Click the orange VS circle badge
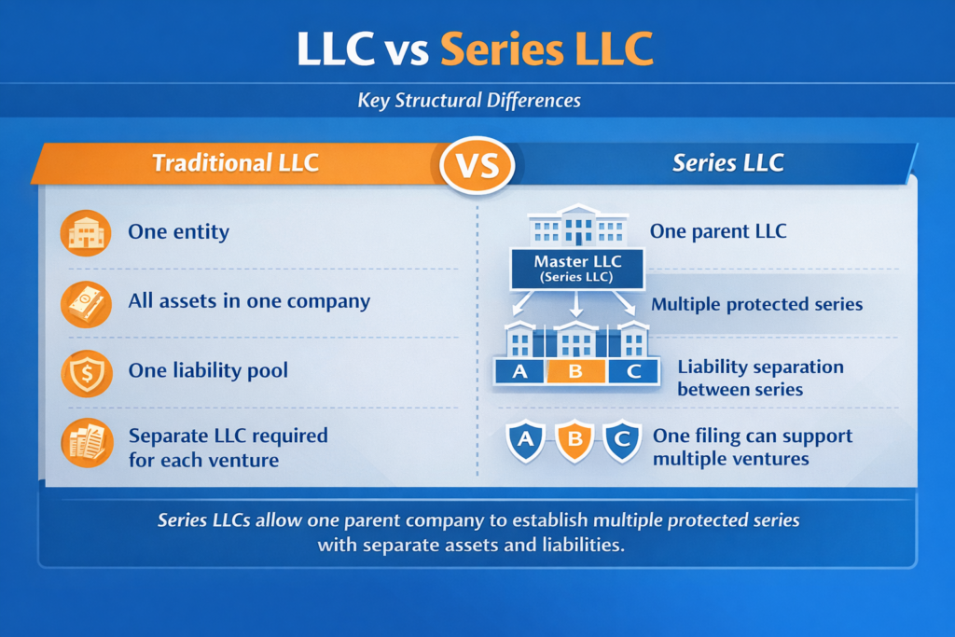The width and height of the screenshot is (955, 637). (x=477, y=164)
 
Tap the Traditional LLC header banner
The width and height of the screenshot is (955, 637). (x=235, y=162)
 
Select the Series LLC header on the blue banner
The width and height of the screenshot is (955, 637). (x=727, y=162)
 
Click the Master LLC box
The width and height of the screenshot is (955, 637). (x=577, y=269)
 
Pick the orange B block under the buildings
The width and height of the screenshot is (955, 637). (x=575, y=371)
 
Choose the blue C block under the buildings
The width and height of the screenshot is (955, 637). (x=633, y=371)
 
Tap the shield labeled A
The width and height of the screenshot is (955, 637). (x=525, y=441)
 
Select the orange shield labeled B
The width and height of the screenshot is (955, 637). (x=574, y=441)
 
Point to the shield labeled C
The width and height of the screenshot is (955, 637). (x=622, y=441)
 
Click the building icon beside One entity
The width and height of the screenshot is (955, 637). (x=86, y=232)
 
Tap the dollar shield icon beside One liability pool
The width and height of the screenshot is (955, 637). (x=86, y=371)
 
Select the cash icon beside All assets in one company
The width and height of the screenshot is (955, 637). (x=86, y=302)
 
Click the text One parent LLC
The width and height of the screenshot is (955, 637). (x=718, y=231)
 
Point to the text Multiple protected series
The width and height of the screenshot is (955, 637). (x=756, y=304)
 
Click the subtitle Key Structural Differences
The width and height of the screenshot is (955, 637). (x=469, y=101)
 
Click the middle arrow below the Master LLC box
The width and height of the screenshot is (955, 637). (x=576, y=304)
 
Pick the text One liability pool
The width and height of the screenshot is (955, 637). (x=208, y=370)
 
